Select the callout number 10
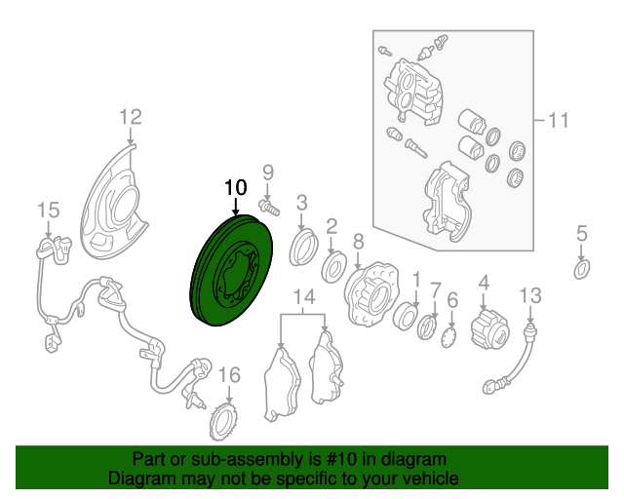[236, 187]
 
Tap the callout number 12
[131, 117]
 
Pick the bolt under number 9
[269, 208]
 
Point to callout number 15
[49, 210]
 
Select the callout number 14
[304, 297]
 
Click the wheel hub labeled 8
[371, 293]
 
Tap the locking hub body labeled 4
[489, 329]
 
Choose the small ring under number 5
[582, 269]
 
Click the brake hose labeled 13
[511, 358]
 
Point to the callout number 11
[559, 120]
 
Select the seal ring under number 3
[303, 248]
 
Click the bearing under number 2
[333, 267]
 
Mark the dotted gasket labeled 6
[449, 337]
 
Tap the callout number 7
[436, 290]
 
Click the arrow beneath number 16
[229, 394]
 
